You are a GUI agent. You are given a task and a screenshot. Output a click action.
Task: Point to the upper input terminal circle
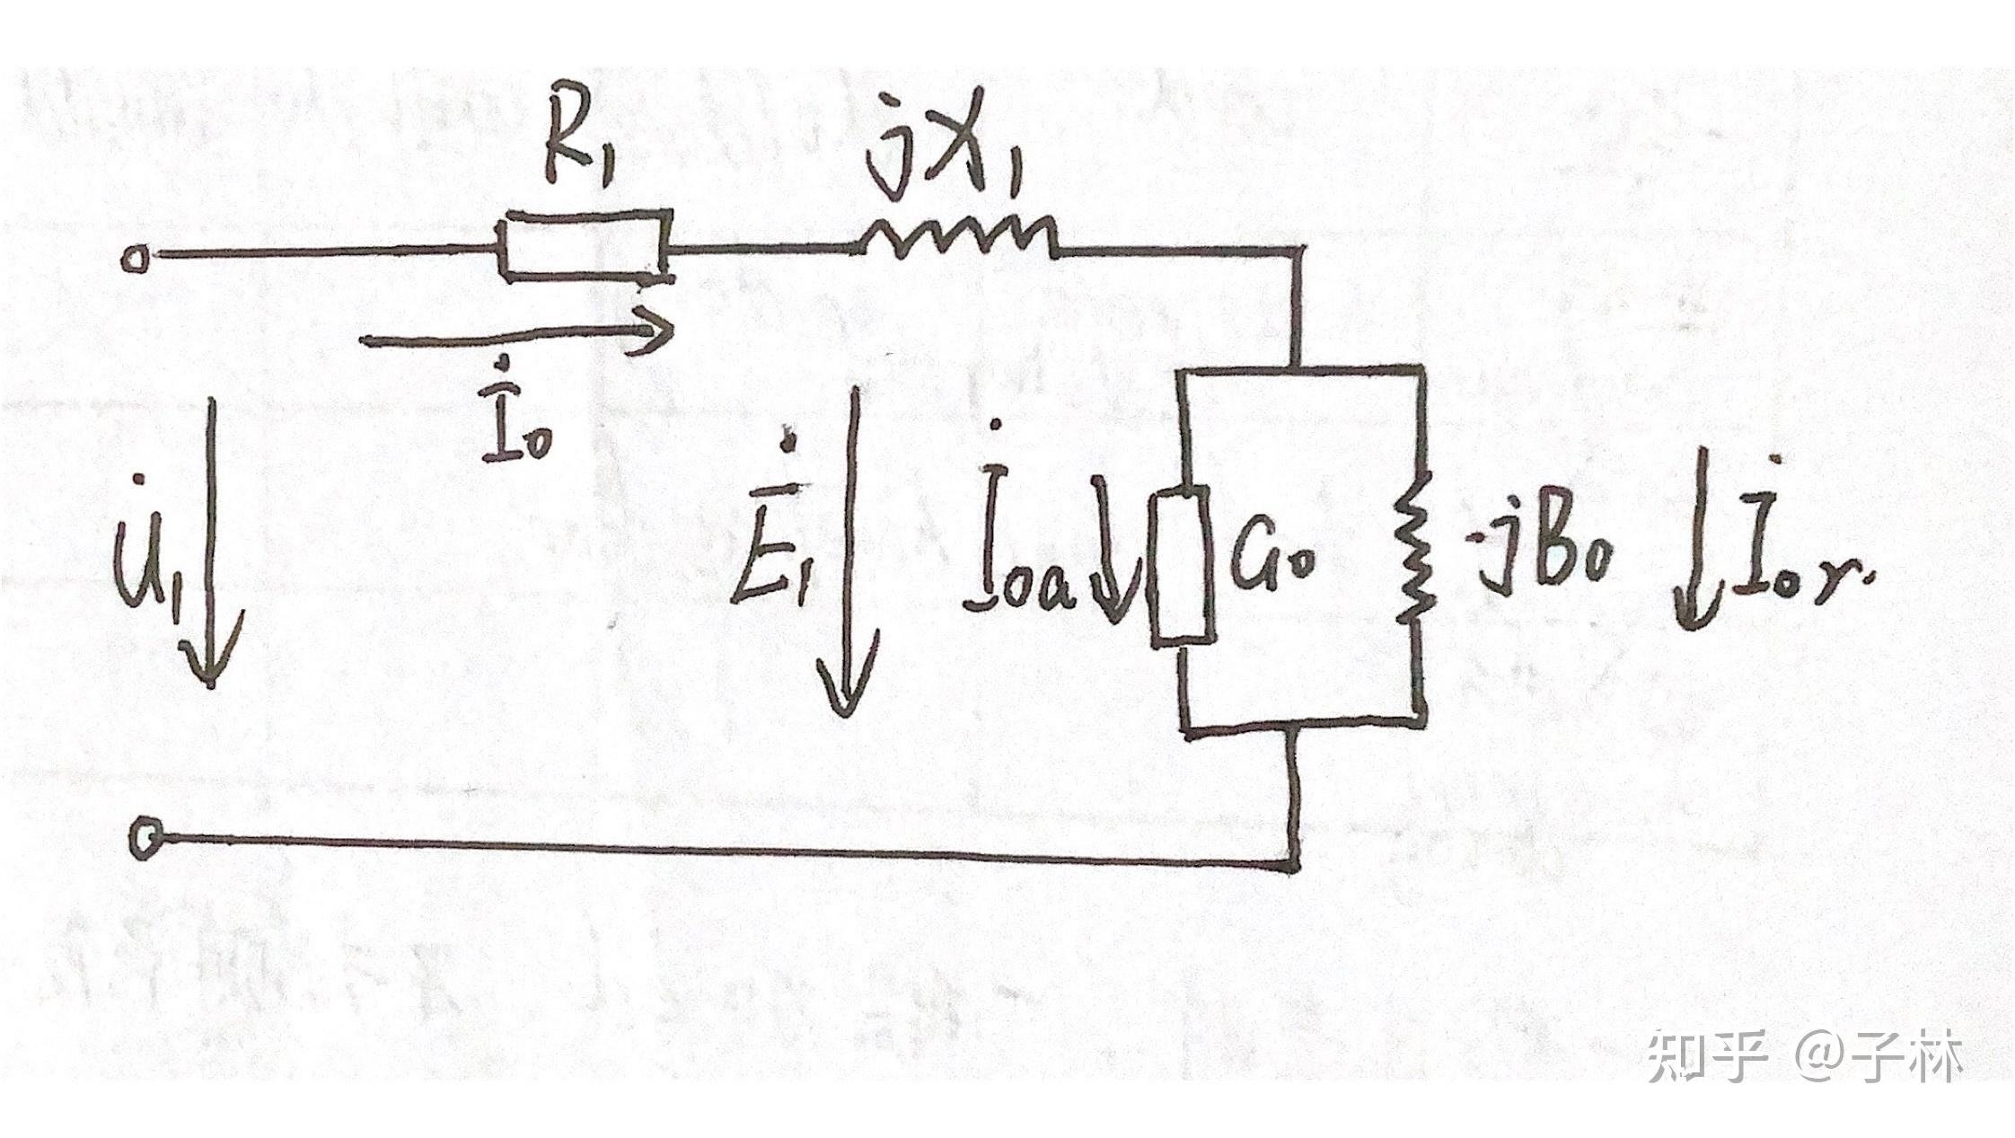pyautogui.click(x=135, y=260)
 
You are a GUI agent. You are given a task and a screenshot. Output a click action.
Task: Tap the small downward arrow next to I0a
pyautogui.click(x=1113, y=548)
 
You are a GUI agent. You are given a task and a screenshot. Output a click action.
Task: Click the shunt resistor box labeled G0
pyautogui.click(x=1183, y=564)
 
